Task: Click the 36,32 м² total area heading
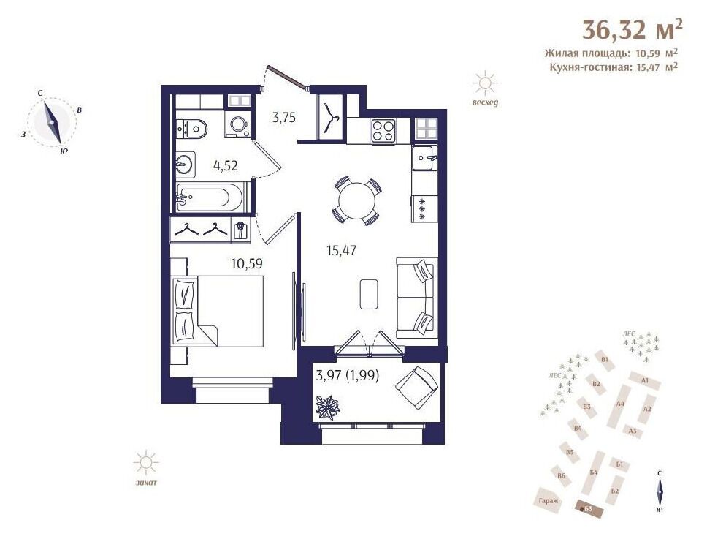click(633, 29)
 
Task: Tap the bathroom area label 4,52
click(226, 166)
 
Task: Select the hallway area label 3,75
click(283, 118)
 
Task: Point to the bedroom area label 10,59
click(247, 263)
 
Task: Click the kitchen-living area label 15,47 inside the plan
click(341, 250)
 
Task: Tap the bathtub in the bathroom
click(210, 197)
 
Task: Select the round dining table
click(356, 200)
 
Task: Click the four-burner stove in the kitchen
click(383, 130)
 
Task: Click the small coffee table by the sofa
click(369, 294)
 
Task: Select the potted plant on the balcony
click(328, 407)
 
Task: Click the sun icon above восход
click(485, 83)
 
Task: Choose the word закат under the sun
click(146, 483)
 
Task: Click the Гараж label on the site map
click(549, 501)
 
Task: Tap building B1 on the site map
click(605, 360)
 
